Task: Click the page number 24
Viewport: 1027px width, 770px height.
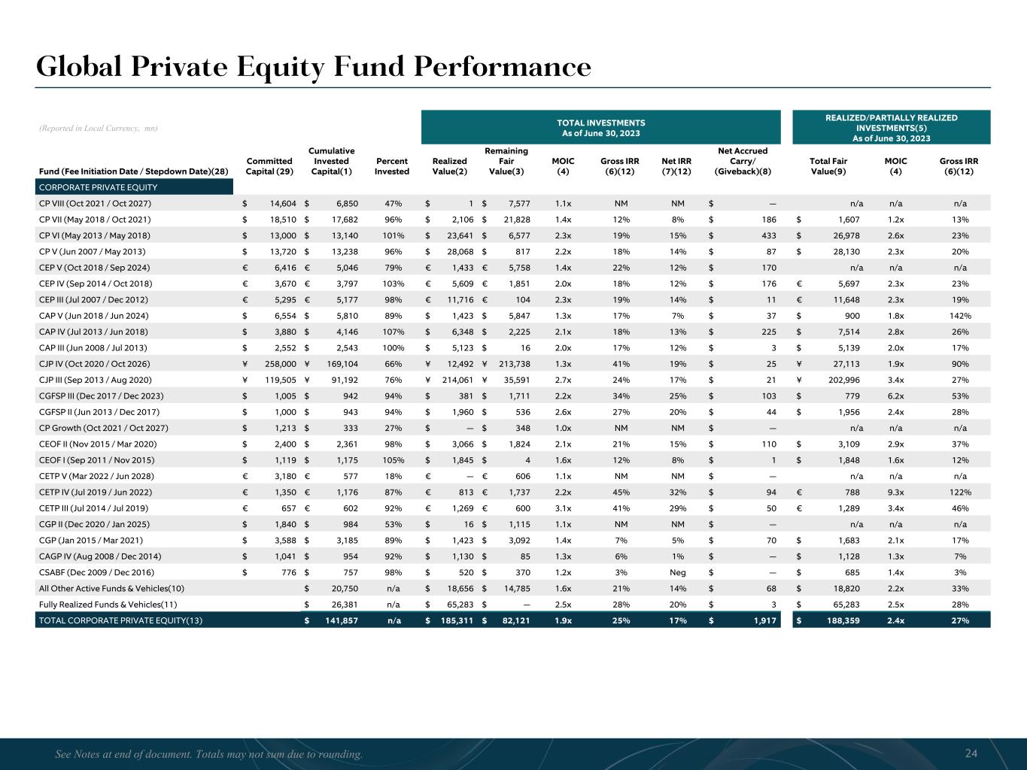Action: coord(971,753)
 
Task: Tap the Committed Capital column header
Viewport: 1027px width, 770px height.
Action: coord(269,166)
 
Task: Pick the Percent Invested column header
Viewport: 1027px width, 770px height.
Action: coord(392,166)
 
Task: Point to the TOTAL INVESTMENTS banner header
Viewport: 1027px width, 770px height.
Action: coord(600,127)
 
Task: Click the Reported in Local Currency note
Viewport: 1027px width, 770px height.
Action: coord(98,129)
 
